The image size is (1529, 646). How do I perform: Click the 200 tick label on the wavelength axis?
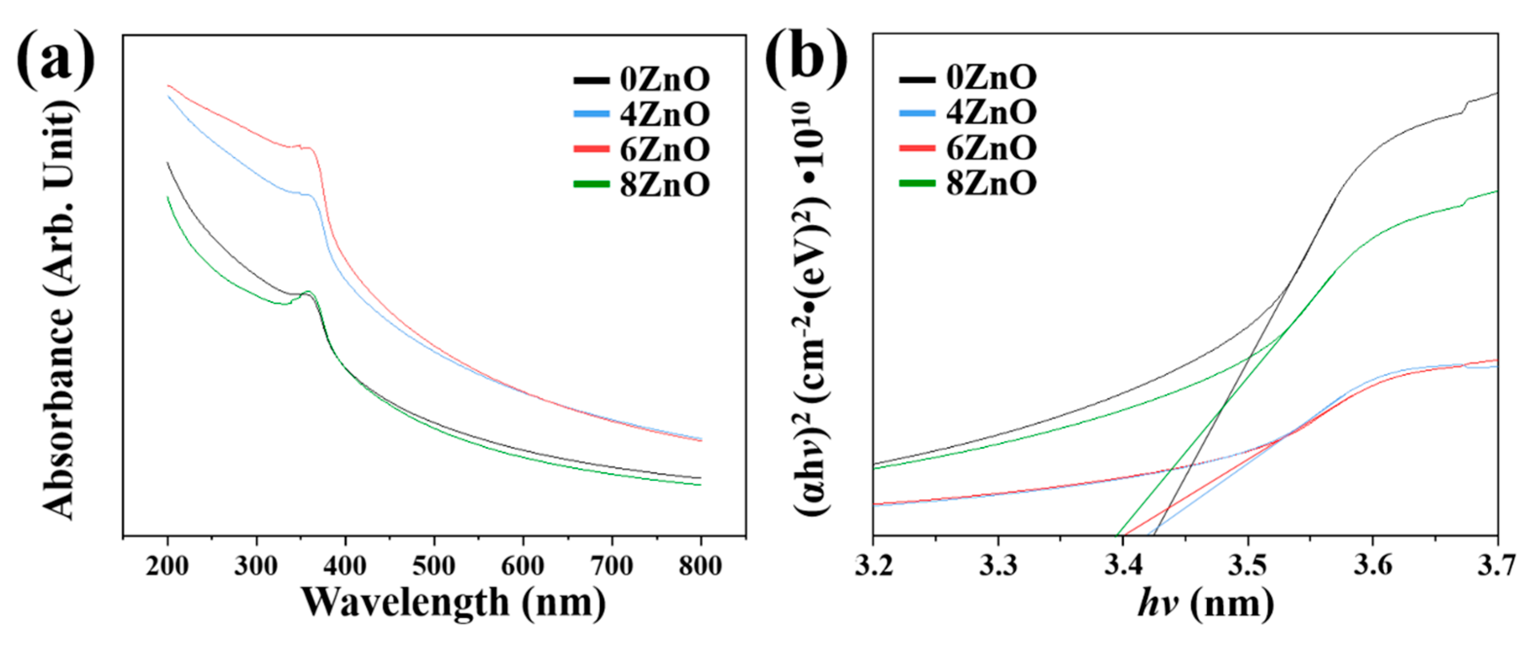[167, 566]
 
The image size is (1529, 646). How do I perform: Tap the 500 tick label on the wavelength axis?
[434, 566]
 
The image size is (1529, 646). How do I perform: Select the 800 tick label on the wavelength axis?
[701, 566]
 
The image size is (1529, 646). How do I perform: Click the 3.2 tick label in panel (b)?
[874, 565]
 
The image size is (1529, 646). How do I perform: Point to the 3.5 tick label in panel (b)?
[1248, 565]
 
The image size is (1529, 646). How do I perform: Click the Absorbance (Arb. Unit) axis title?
[59, 309]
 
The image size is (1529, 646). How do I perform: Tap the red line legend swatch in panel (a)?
[591, 149]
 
